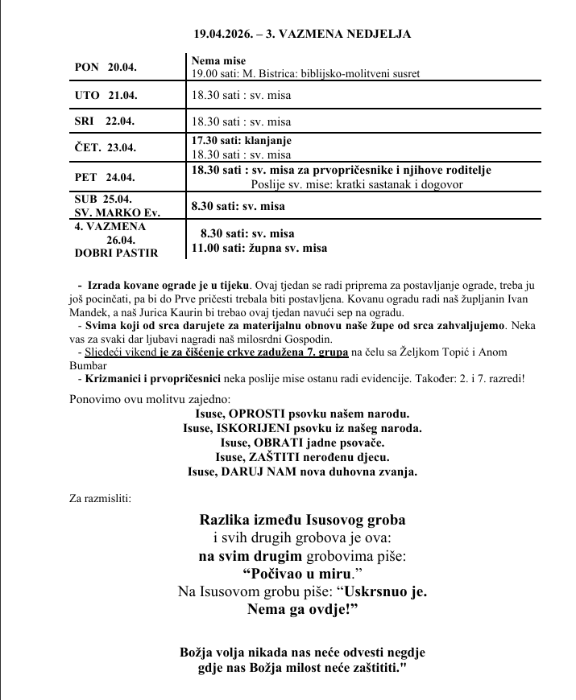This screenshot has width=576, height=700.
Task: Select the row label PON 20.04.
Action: [106, 67]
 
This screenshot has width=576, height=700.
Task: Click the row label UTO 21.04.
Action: [106, 95]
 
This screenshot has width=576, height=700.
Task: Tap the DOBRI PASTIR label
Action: [116, 252]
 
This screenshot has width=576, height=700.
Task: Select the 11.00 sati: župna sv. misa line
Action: [259, 249]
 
